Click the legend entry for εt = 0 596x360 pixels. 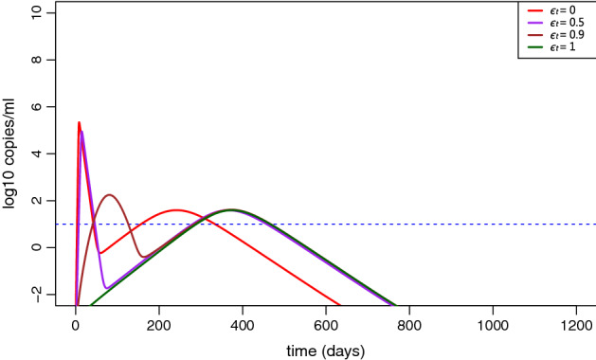(555, 10)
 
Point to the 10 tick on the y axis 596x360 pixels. (36, 12)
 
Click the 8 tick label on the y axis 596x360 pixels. (36, 60)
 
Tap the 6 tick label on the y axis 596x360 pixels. (36, 106)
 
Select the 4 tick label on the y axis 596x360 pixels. (36, 153)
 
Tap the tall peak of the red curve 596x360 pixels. (79, 122)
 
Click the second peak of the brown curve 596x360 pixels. (110, 195)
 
